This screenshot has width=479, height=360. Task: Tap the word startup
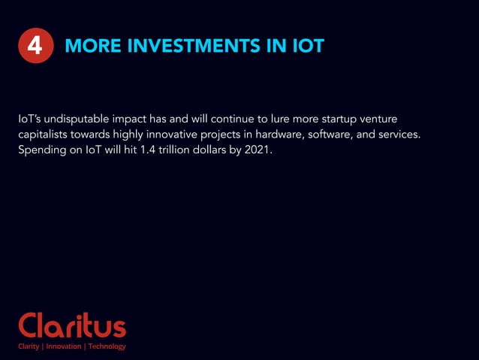click(336, 119)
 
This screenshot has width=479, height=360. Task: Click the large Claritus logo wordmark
click(72, 326)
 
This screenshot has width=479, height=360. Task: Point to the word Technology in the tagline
click(107, 346)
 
